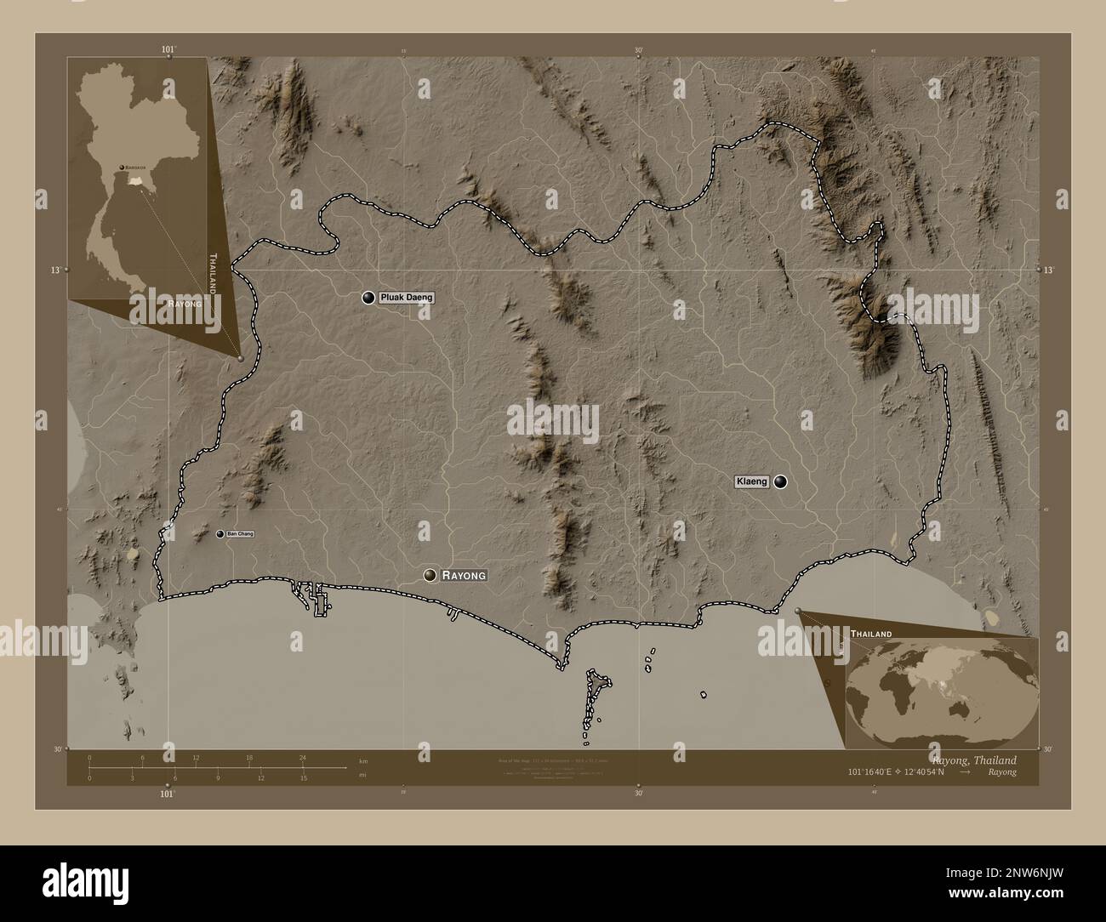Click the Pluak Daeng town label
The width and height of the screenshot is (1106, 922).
tap(407, 298)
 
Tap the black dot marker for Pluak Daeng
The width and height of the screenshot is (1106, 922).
tap(368, 298)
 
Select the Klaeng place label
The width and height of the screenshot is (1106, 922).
tap(751, 482)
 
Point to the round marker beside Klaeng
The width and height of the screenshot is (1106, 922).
tap(780, 482)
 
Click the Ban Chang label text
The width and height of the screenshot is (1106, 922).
tap(241, 534)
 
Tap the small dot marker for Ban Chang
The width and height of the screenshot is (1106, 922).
tap(220, 534)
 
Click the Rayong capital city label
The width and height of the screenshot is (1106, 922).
tap(464, 576)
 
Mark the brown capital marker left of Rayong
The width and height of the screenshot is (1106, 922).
tap(430, 576)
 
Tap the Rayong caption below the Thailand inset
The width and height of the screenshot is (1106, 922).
tap(185, 303)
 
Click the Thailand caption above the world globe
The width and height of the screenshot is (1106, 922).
tap(870, 635)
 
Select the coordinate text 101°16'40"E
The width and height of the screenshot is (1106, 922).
tap(875, 772)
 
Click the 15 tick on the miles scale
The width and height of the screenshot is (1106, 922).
tap(303, 777)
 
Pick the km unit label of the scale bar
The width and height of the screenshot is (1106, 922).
tap(363, 760)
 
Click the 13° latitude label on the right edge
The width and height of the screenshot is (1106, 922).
tap(1048, 270)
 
